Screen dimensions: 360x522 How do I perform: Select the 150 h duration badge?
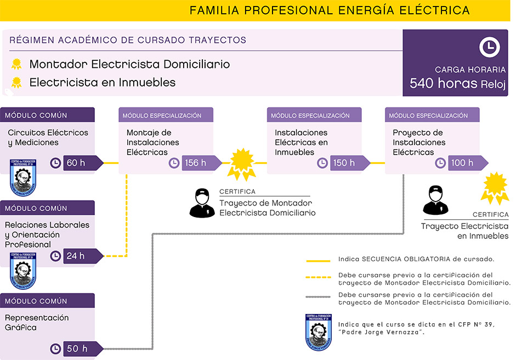(344, 163)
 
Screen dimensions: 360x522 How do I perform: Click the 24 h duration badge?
(76, 256)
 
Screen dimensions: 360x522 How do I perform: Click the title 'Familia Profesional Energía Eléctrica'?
(330, 10)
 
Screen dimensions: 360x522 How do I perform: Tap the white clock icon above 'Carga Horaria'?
(490, 48)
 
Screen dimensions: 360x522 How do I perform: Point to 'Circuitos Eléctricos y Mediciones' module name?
(48, 138)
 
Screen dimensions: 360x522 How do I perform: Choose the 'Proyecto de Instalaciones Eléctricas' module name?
(419, 142)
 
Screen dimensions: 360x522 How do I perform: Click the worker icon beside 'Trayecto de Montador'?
(202, 202)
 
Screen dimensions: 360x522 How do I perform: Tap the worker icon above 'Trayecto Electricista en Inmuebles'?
(436, 200)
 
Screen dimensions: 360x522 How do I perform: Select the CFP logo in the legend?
(318, 331)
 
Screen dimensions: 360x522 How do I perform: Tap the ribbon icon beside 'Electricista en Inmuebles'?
(17, 83)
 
